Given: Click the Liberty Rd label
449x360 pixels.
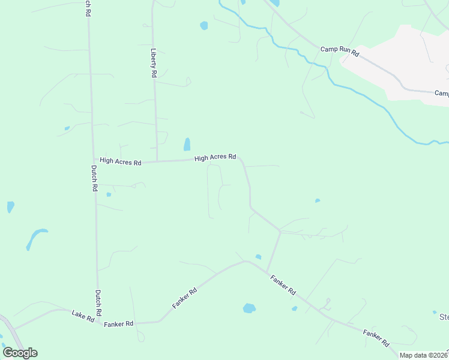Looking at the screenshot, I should click(x=154, y=62).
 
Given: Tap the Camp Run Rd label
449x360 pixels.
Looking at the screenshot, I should click(x=339, y=52).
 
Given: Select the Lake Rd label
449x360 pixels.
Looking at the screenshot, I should click(x=83, y=316).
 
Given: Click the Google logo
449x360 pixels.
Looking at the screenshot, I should click(x=20, y=352).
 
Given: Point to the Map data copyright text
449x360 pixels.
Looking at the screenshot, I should click(x=423, y=355).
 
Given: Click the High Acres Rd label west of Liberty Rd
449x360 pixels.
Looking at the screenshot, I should click(x=120, y=161).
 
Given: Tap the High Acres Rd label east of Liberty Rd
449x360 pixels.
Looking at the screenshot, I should click(x=215, y=157).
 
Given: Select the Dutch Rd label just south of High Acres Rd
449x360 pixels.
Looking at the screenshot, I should click(x=94, y=178).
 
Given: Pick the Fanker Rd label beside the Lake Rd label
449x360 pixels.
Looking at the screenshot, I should click(x=118, y=324).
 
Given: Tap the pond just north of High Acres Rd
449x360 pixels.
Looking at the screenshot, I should click(x=187, y=145).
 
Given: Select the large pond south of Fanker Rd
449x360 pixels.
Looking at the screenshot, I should click(x=249, y=308).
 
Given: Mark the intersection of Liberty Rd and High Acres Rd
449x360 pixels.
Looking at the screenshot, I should click(x=157, y=161).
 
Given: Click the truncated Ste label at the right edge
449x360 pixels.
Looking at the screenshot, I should click(x=444, y=317).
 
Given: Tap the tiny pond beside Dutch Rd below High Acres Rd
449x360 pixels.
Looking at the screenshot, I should click(x=109, y=194).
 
